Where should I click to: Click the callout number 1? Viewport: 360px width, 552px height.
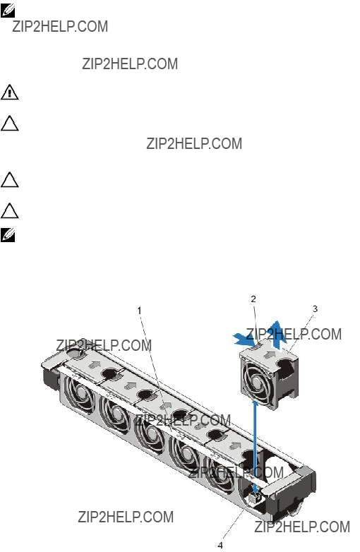(139, 311)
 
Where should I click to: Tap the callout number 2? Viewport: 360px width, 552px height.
(253, 299)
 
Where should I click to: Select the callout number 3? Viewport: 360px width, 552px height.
(315, 308)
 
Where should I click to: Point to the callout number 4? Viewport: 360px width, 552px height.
(220, 546)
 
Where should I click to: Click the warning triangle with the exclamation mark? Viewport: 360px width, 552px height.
(9, 92)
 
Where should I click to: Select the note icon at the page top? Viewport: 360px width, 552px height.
(8, 11)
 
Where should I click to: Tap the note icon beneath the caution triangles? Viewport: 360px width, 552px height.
(8, 235)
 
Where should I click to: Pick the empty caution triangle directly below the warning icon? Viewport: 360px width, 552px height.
(9, 124)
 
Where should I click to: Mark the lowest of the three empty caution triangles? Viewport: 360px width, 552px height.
(9, 211)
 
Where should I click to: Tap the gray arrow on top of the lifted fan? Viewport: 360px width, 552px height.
(270, 354)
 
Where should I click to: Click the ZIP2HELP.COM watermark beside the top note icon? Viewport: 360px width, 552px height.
(60, 27)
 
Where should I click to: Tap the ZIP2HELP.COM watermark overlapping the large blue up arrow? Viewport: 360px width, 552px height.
(294, 334)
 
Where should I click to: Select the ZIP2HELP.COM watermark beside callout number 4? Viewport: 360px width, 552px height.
(302, 527)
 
